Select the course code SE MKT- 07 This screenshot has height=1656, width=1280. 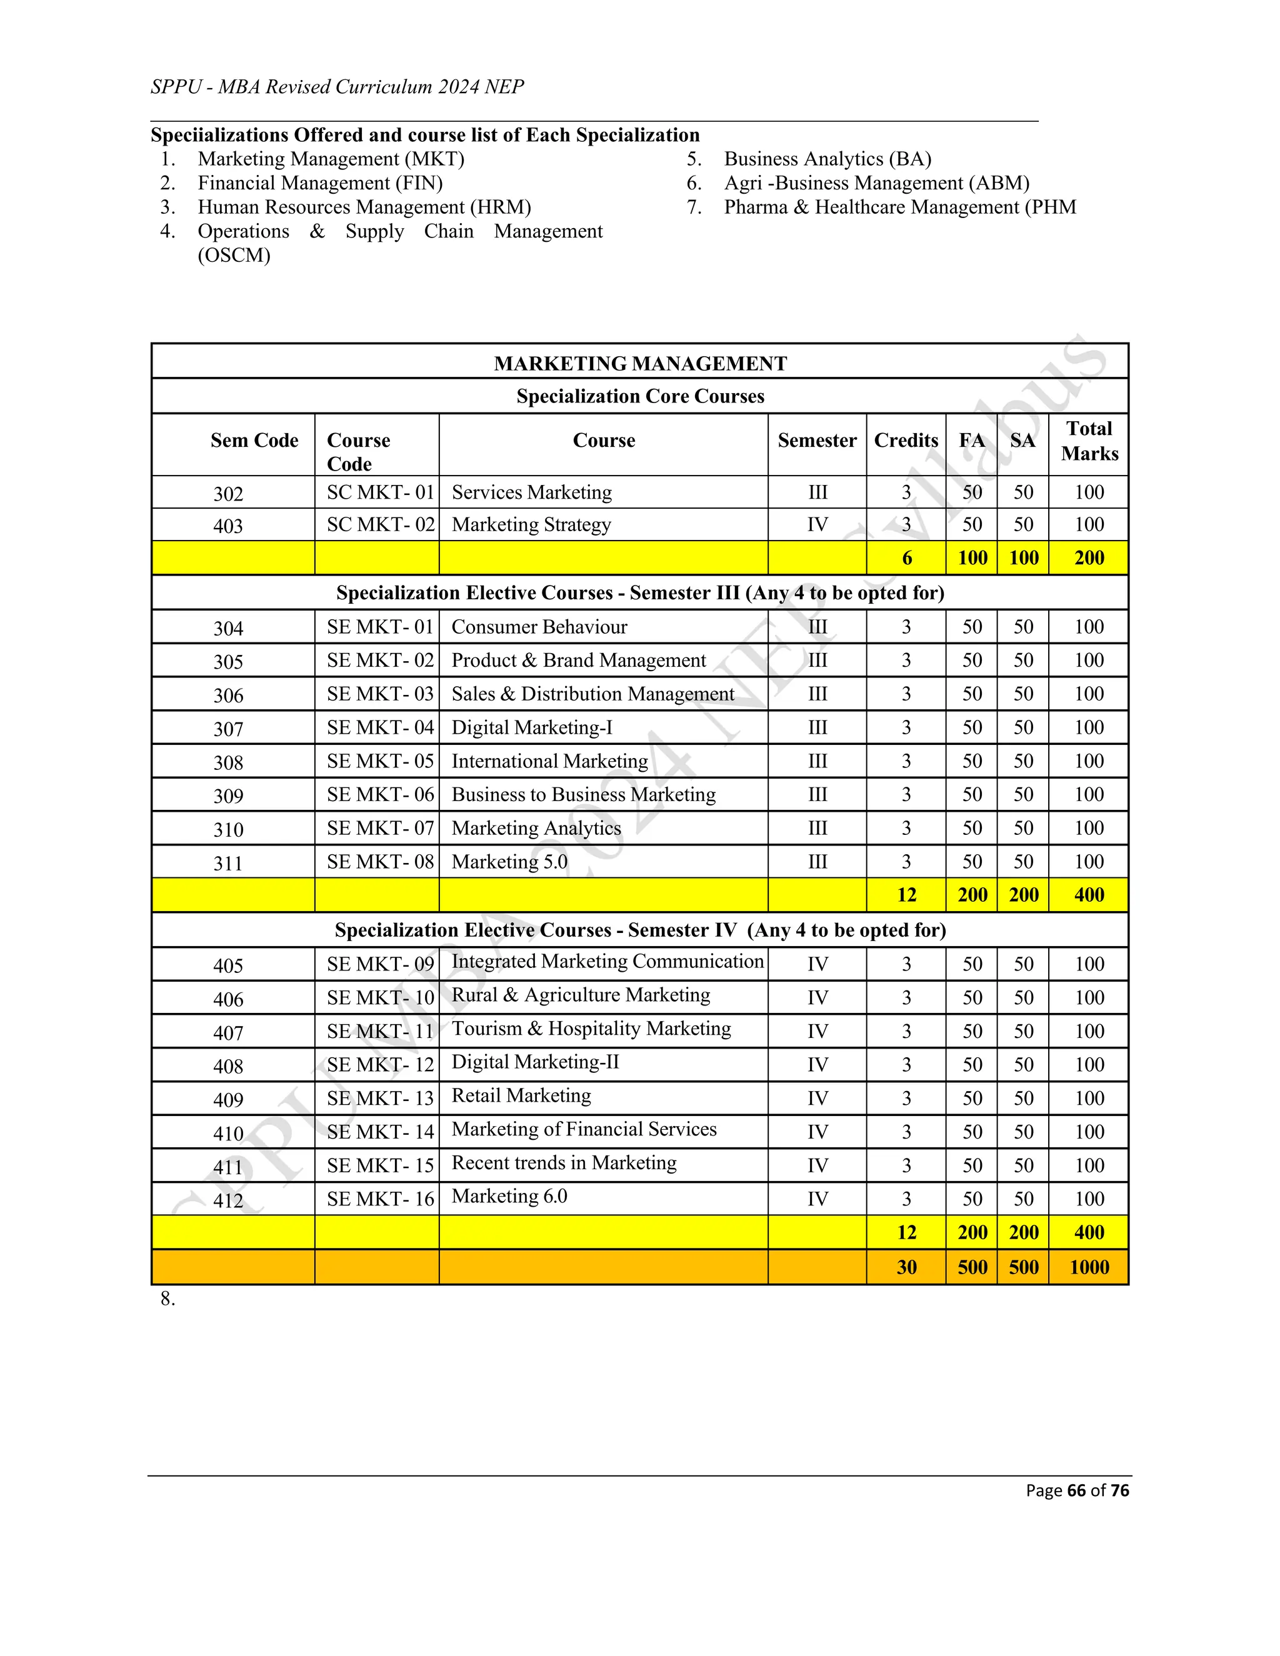(x=380, y=828)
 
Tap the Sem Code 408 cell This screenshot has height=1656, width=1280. (x=228, y=1066)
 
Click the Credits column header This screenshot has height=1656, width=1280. (x=906, y=441)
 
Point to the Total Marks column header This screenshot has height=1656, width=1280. (x=1089, y=441)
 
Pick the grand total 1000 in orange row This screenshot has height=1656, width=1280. (x=1089, y=1267)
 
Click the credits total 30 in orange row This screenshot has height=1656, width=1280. (x=906, y=1267)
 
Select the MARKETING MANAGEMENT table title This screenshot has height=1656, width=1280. (x=640, y=363)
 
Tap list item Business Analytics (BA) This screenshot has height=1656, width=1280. (x=827, y=159)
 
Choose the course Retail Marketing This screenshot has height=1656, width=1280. (x=521, y=1095)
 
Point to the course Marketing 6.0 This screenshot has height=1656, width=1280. (x=509, y=1197)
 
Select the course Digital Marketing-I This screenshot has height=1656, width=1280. (x=532, y=728)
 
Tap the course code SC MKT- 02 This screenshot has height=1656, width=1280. (x=380, y=525)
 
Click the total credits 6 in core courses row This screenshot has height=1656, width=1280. (x=906, y=558)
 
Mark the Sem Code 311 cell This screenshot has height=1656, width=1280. (x=228, y=863)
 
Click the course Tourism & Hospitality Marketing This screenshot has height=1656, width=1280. (x=591, y=1029)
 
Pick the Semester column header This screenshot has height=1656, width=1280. (x=817, y=441)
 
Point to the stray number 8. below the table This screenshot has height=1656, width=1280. (x=167, y=1299)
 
